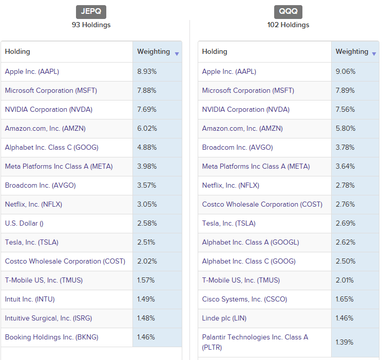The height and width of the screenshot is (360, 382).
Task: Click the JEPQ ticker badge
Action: point(91,12)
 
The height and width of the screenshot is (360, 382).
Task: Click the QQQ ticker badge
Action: point(288,12)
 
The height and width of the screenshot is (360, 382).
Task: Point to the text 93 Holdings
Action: point(91,25)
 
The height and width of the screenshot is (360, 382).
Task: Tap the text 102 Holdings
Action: point(288,25)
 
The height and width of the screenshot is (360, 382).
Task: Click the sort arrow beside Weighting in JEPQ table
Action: point(177,54)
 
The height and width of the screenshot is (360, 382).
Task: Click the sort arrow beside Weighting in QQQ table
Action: point(374,54)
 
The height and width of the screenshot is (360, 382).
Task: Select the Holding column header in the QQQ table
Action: point(215,51)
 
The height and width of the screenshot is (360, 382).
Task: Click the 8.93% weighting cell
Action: point(147,71)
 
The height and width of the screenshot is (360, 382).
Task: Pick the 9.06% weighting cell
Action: point(346,71)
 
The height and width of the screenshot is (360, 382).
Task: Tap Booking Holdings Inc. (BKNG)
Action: point(51,337)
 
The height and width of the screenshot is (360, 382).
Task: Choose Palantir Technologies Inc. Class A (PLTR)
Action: point(255,342)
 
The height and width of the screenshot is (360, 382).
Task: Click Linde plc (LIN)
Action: point(224,318)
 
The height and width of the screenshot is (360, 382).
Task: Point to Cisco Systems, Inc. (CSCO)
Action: point(244,299)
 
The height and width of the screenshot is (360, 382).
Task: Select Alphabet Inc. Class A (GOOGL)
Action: point(251,242)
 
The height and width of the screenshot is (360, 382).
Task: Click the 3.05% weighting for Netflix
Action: point(147,204)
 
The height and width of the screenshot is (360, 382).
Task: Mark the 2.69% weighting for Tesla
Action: point(346,223)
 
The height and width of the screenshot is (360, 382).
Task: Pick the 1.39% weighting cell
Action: point(345,342)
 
